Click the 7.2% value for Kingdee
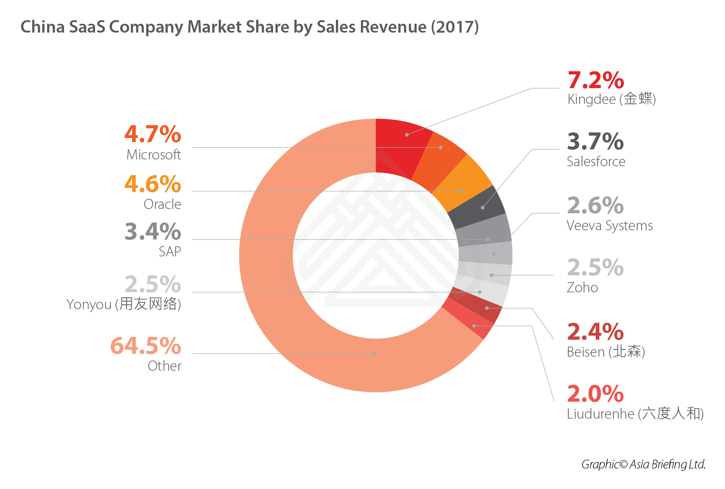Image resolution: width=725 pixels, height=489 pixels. [x=596, y=80]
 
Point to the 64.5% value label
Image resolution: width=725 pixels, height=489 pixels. [x=146, y=346]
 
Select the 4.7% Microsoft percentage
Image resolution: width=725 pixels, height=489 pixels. [x=153, y=134]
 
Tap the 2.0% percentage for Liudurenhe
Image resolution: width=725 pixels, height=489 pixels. [x=595, y=394]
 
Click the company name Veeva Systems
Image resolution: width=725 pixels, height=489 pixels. [x=609, y=226]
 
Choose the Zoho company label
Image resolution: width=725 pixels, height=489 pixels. [x=582, y=288]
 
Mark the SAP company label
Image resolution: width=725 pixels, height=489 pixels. [x=170, y=252]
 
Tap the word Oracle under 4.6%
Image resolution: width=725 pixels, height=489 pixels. [x=162, y=204]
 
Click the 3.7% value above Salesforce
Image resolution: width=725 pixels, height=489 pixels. [x=595, y=142]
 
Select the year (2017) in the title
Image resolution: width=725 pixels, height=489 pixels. [x=455, y=27]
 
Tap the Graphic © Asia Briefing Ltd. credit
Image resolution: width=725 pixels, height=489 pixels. [x=643, y=464]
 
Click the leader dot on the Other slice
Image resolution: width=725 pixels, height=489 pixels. [x=374, y=353]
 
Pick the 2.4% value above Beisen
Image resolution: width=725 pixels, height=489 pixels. [x=595, y=332]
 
